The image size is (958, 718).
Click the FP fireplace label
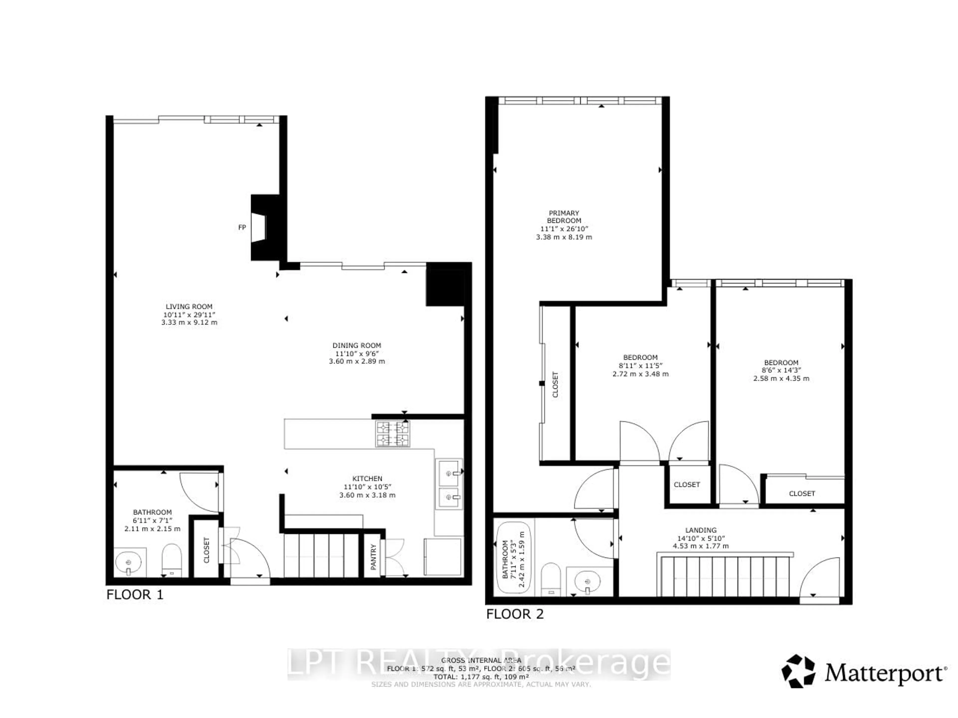[242, 227]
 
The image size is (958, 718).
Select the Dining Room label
[357, 345]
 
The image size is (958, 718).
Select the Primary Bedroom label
[564, 216]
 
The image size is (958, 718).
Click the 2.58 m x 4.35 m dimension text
[781, 378]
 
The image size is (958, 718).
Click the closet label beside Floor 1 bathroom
[206, 550]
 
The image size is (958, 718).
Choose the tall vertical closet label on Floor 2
[555, 384]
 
